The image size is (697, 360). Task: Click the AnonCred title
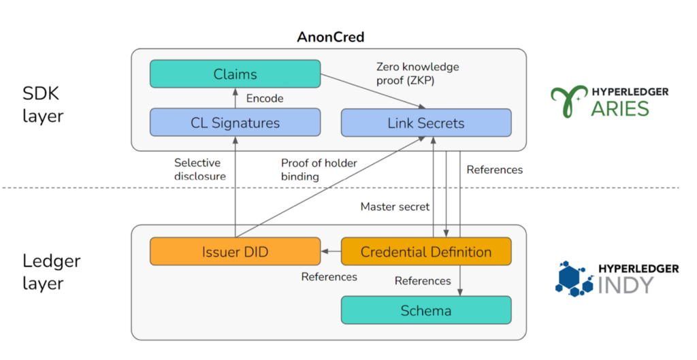point(331,37)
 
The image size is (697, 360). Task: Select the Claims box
point(235,73)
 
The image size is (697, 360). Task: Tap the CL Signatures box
point(235,123)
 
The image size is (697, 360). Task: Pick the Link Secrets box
point(425,123)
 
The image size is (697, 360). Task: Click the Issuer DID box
point(235,252)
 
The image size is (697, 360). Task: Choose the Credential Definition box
point(425,252)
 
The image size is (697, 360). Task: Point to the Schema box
point(425,310)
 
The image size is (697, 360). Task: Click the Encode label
point(265,99)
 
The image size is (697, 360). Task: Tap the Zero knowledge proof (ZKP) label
point(417,73)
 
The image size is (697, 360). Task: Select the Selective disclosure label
point(197,169)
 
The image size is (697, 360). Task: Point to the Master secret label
point(395,206)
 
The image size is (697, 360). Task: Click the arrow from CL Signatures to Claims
point(235,99)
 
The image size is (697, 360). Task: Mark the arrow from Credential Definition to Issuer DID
point(331,252)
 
